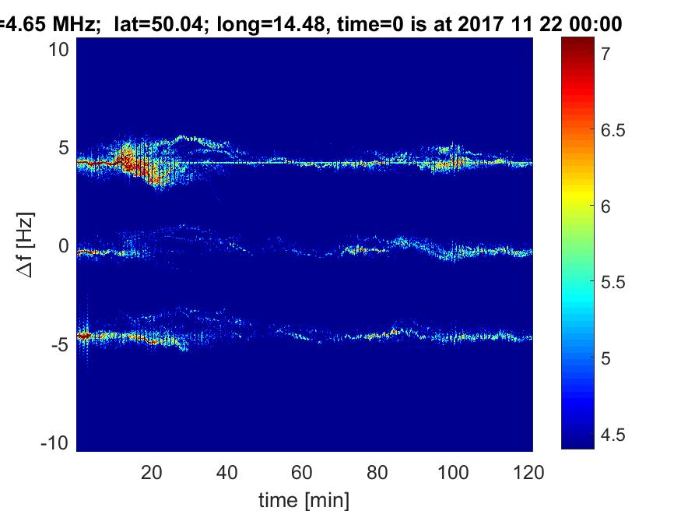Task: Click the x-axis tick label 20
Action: [x=152, y=472]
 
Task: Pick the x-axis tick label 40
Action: [x=227, y=472]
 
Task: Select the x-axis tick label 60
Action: [x=303, y=472]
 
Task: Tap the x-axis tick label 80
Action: [x=378, y=472]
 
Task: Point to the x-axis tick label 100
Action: [x=454, y=472]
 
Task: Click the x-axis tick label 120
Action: [x=528, y=472]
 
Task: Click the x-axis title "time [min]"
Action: [x=304, y=499]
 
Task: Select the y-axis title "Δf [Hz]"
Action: [x=26, y=246]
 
